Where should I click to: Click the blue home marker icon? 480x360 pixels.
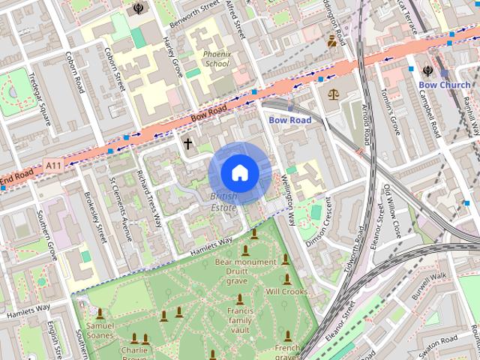click(239, 173)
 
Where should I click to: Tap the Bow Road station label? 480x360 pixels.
click(289, 120)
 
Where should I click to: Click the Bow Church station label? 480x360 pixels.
click(444, 85)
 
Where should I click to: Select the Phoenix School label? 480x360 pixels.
click(216, 59)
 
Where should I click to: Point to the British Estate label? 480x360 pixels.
click(223, 202)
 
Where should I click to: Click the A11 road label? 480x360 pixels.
click(52, 165)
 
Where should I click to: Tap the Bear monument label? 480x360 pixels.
click(245, 262)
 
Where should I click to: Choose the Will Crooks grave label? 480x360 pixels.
click(286, 291)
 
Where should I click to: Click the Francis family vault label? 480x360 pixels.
click(240, 319)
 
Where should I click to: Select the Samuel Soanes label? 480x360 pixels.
click(100, 331)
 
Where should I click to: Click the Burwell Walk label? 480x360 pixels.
click(429, 287)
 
